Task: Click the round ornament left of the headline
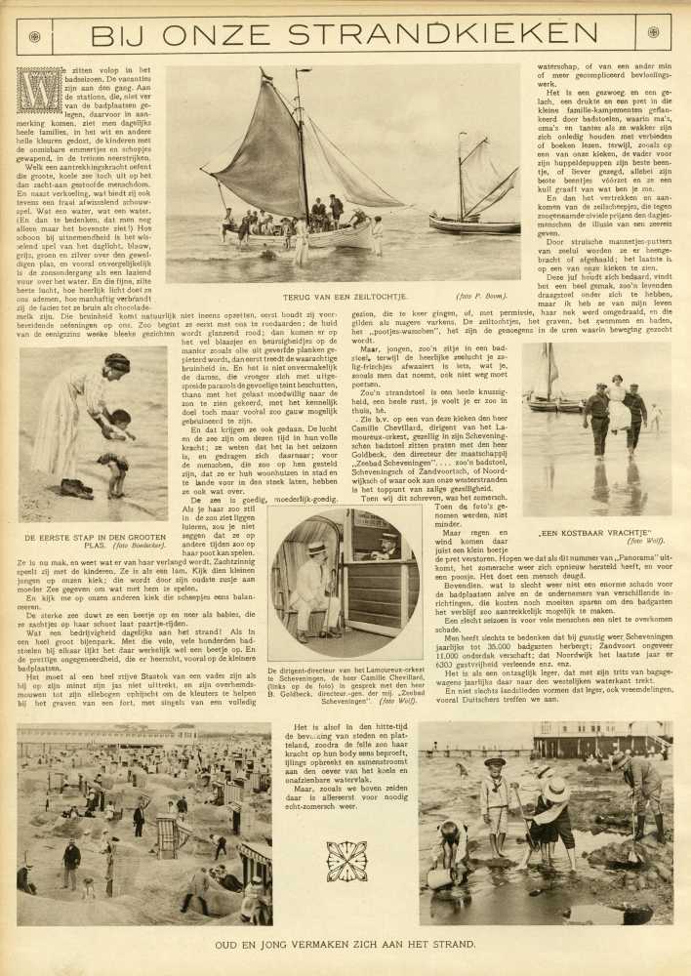34,36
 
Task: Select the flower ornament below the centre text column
345,861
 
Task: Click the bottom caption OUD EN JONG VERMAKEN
345,944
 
